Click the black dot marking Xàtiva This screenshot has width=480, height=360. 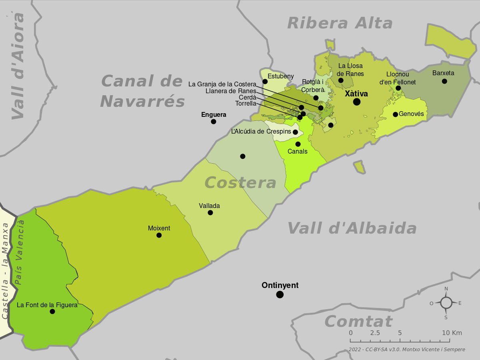point(356,102)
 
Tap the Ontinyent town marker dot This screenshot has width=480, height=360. point(280,294)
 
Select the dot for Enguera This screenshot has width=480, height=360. point(214,122)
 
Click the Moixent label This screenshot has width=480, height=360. point(159,228)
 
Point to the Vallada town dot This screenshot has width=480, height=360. point(210,213)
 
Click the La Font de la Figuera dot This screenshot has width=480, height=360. point(52,312)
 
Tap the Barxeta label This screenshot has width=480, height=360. point(443,73)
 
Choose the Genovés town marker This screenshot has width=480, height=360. point(395,114)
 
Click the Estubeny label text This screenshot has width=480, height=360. point(280,76)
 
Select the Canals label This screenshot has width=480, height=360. point(297,152)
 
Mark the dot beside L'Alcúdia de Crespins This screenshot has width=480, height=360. point(295,132)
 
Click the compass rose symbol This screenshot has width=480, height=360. point(446,303)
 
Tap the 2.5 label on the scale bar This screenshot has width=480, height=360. point(375,333)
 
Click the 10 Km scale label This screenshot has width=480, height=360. point(452,333)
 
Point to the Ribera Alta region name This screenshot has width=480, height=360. point(340,23)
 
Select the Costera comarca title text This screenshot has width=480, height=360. point(240,183)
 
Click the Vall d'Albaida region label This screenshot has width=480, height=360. point(352,228)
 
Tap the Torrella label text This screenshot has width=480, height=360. point(245,104)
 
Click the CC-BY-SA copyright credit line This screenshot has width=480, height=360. point(406,350)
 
